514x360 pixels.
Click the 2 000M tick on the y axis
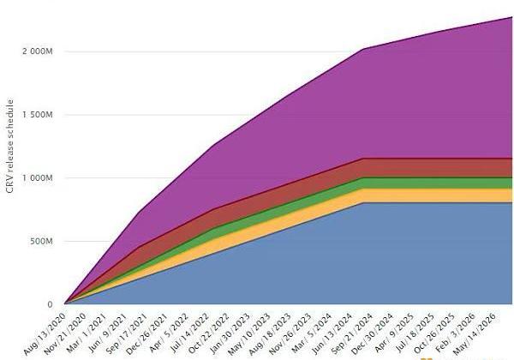pyautogui.click(x=38, y=51)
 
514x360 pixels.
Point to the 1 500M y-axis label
pyautogui.click(x=38, y=115)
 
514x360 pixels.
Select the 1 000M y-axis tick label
pyautogui.click(x=38, y=178)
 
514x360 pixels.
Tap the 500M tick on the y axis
pyautogui.click(x=41, y=242)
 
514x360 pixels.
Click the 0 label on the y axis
pyautogui.click(x=50, y=304)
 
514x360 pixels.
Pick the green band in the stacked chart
pyautogui.click(x=428, y=183)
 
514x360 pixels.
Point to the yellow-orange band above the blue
pyautogui.click(x=428, y=195)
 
